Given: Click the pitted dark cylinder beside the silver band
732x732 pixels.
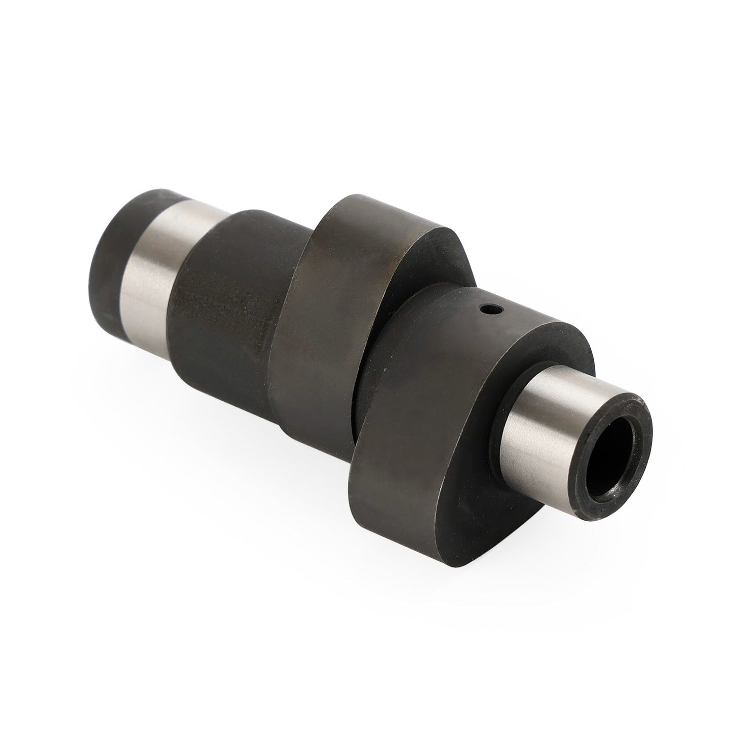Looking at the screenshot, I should click(x=223, y=284).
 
